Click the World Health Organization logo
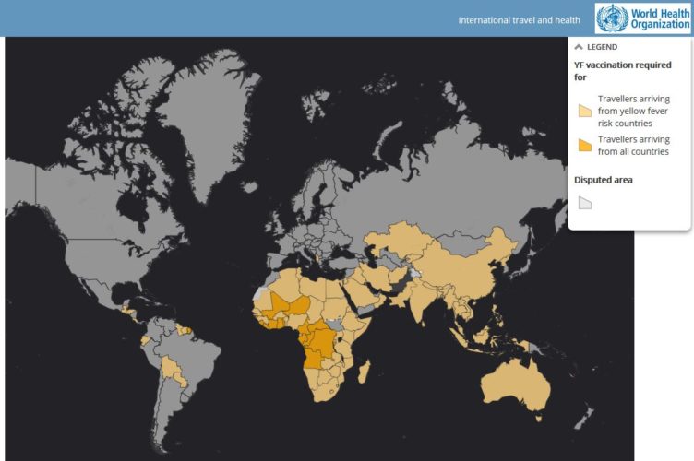pos(643,18)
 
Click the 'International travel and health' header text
pos(519,20)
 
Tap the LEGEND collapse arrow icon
pos(579,47)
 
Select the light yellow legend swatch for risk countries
pos(584,110)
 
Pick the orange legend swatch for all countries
pos(584,145)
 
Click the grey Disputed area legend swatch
pos(584,203)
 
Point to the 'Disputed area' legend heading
pos(604,180)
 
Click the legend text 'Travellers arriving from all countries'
pos(632,145)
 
